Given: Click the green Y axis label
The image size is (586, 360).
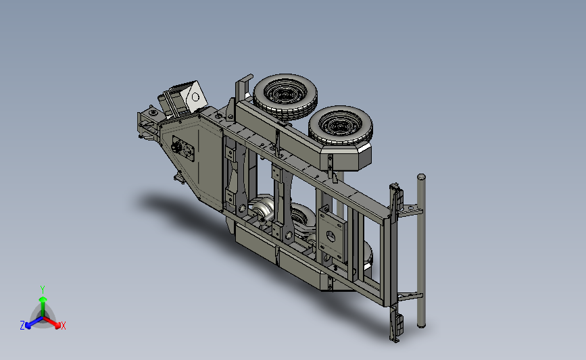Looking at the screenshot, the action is point(43,290).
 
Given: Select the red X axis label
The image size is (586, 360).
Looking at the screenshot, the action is point(63,326).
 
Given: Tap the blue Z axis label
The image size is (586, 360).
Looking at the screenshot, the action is point(22,326).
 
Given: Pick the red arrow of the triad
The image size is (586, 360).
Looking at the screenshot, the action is point(51,322).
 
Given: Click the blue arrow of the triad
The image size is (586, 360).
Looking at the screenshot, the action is point(34,322).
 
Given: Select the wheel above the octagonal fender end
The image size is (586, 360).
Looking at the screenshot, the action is point(340,126).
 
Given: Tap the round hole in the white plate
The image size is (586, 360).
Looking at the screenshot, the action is point(195,97).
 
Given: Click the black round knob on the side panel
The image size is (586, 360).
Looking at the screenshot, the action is point(176,147).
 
